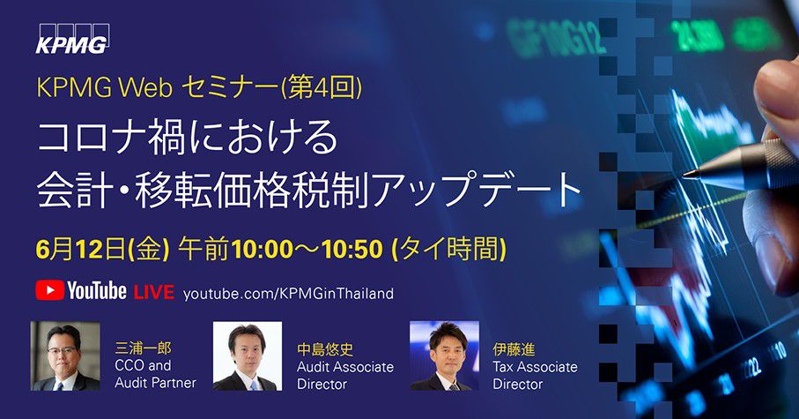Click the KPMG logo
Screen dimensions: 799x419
point(72,39)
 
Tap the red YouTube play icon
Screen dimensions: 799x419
point(50,290)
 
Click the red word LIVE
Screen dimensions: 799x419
point(154,292)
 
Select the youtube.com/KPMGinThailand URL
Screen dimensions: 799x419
point(288,294)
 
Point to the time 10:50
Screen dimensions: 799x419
point(352,250)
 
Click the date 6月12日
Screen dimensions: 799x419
point(80,250)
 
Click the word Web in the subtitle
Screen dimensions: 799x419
point(145,88)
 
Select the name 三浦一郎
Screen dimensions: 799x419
point(144,348)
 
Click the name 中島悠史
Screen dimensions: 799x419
point(325,349)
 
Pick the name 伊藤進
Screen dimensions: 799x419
point(514,349)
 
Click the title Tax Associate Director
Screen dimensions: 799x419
point(535,375)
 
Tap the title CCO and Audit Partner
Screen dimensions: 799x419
point(155,374)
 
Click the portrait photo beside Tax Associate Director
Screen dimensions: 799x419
point(444,355)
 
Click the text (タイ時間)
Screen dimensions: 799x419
point(448,250)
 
